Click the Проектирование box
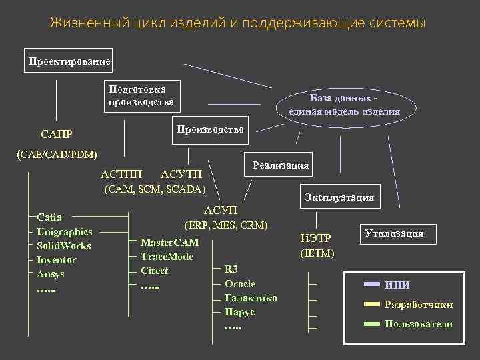pos(69,61)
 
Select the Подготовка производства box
pos(141,95)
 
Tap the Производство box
pos(210,129)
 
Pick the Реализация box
pos(280,165)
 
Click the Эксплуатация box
pos(339,197)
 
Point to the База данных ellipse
pos(345,105)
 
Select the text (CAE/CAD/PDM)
pos(57,155)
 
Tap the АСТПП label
pos(121,175)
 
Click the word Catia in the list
pos(50,217)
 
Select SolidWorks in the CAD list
pos(64,246)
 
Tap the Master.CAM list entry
pos(169,242)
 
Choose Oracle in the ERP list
pos(240,284)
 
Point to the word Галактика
pos(251,298)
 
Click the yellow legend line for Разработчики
pos(371,305)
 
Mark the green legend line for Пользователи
pos(371,324)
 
